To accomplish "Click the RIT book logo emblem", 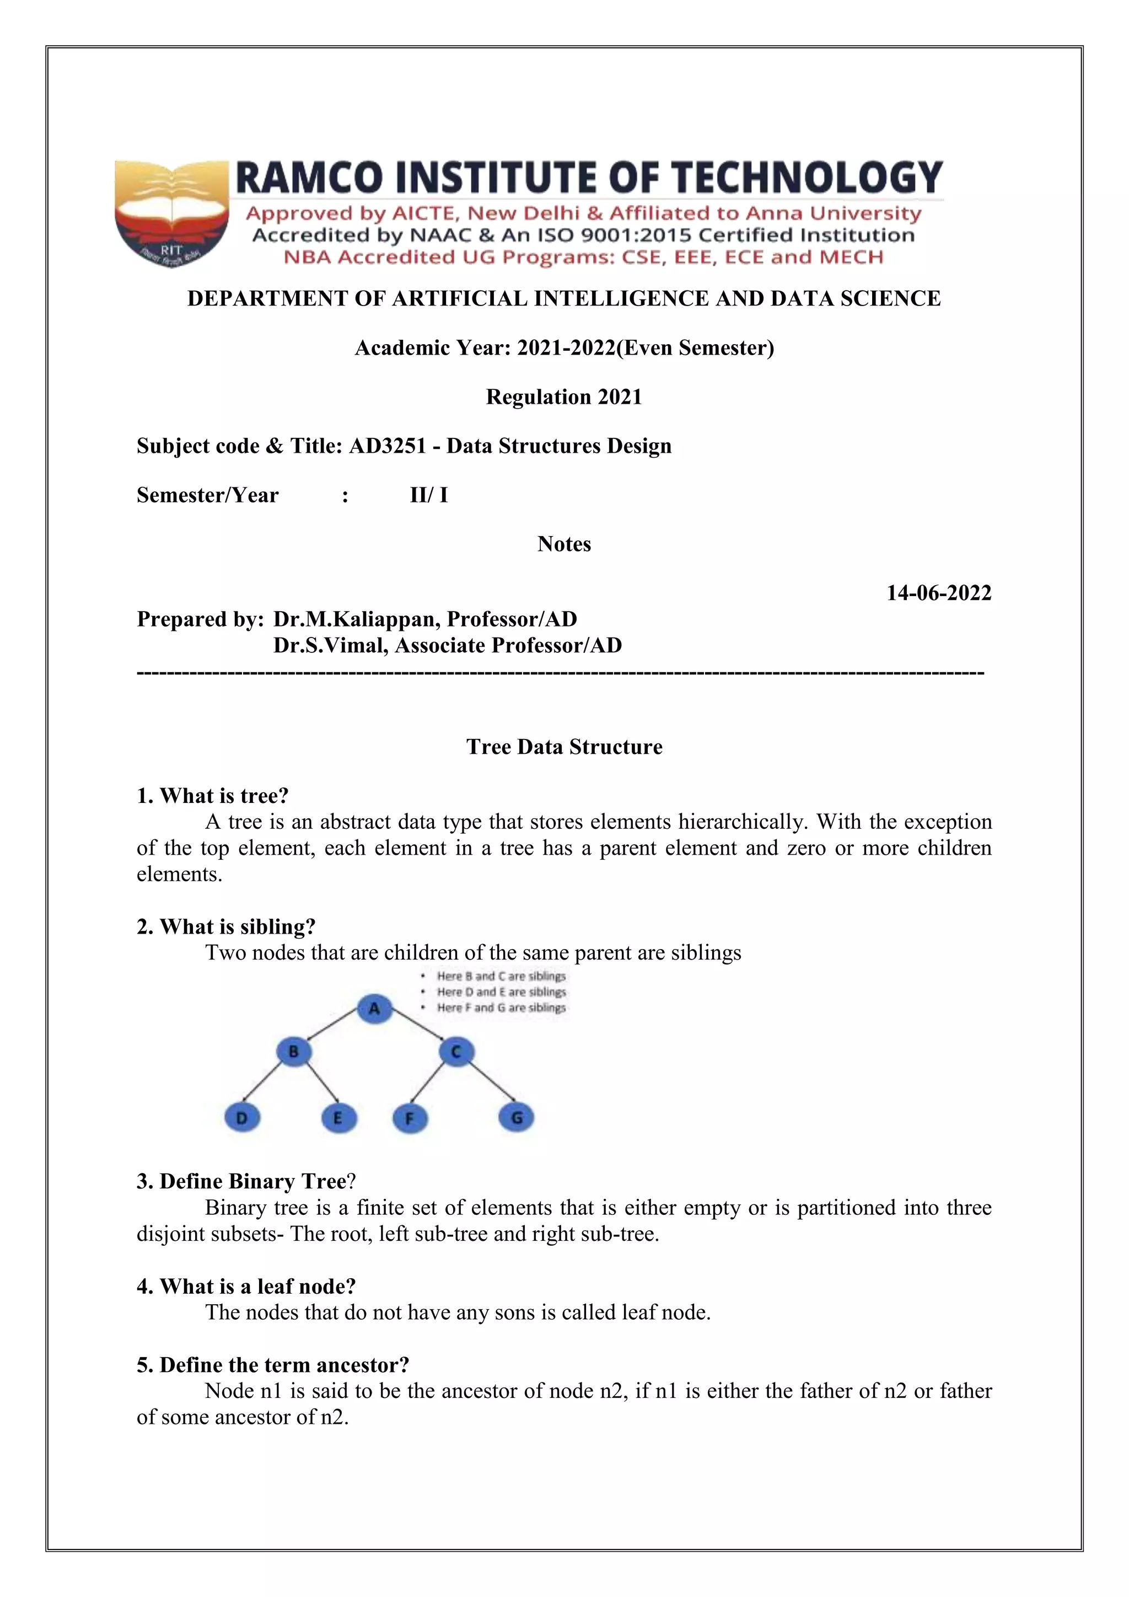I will (171, 213).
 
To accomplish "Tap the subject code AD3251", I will (387, 446).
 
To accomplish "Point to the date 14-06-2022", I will (938, 593).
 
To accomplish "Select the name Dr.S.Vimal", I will (330, 646).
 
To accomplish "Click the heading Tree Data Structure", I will (564, 747).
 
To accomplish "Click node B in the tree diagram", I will (293, 1052).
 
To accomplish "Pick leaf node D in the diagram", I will (242, 1118).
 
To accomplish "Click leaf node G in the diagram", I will (517, 1118).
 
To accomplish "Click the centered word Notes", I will (564, 544).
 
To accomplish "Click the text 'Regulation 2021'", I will (564, 397).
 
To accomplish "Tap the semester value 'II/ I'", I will (429, 495).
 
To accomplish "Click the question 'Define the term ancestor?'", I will (273, 1365).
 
